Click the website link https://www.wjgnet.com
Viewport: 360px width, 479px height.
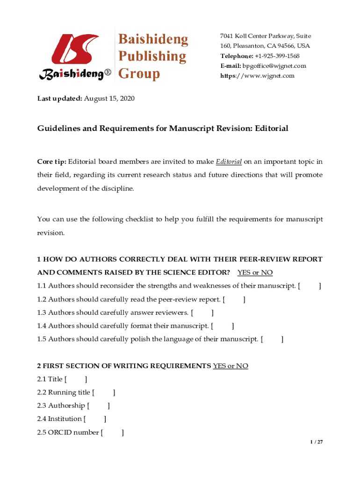258,76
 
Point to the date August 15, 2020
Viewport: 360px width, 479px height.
109,99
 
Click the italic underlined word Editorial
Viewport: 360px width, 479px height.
229,162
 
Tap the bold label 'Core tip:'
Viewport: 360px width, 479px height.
52,162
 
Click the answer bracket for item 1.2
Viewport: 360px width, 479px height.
234,299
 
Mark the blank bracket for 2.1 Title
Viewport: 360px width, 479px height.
76,379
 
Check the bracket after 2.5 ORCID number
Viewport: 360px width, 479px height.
112,432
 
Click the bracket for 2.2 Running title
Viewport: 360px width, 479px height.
104,392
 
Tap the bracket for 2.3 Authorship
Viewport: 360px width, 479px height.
98,406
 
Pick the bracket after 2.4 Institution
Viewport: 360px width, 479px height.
95,419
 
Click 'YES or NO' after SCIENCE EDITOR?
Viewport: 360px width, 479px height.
255,272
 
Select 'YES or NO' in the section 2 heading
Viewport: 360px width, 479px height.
230,366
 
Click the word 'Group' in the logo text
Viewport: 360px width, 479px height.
139,73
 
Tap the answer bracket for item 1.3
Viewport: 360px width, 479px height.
202,312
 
